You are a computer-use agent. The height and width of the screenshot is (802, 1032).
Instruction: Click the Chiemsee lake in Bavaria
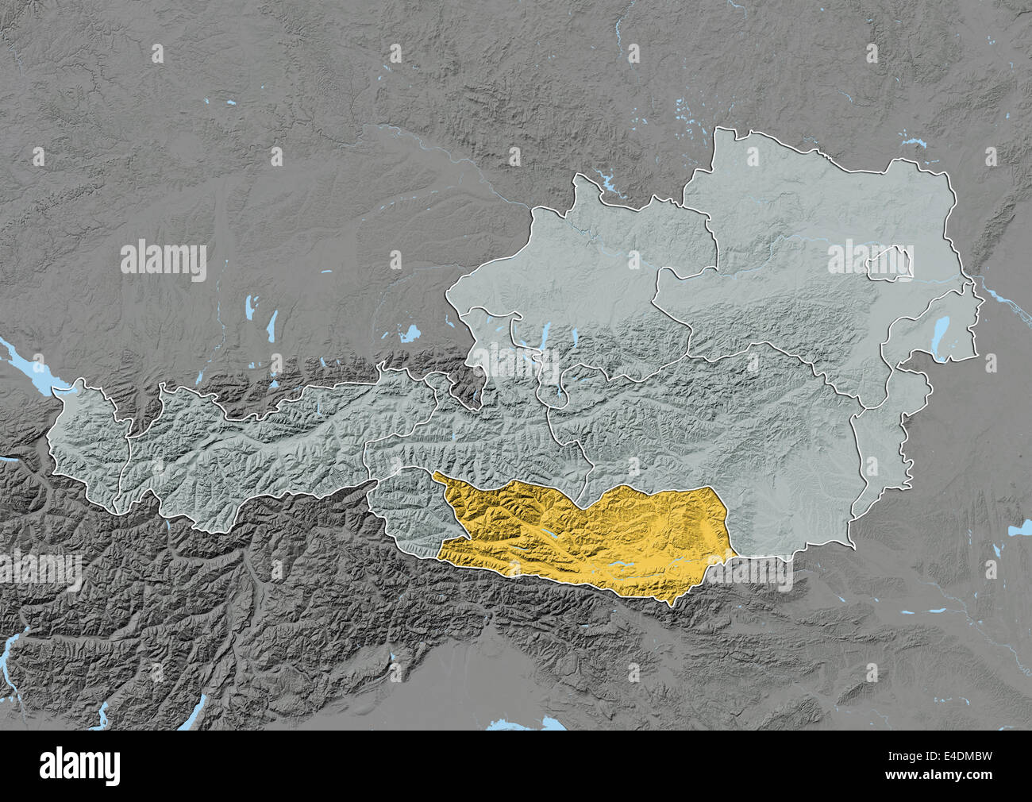(410, 334)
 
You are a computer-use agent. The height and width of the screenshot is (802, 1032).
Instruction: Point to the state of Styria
(738, 445)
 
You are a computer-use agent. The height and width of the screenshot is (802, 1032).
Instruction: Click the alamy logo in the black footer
(83, 765)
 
